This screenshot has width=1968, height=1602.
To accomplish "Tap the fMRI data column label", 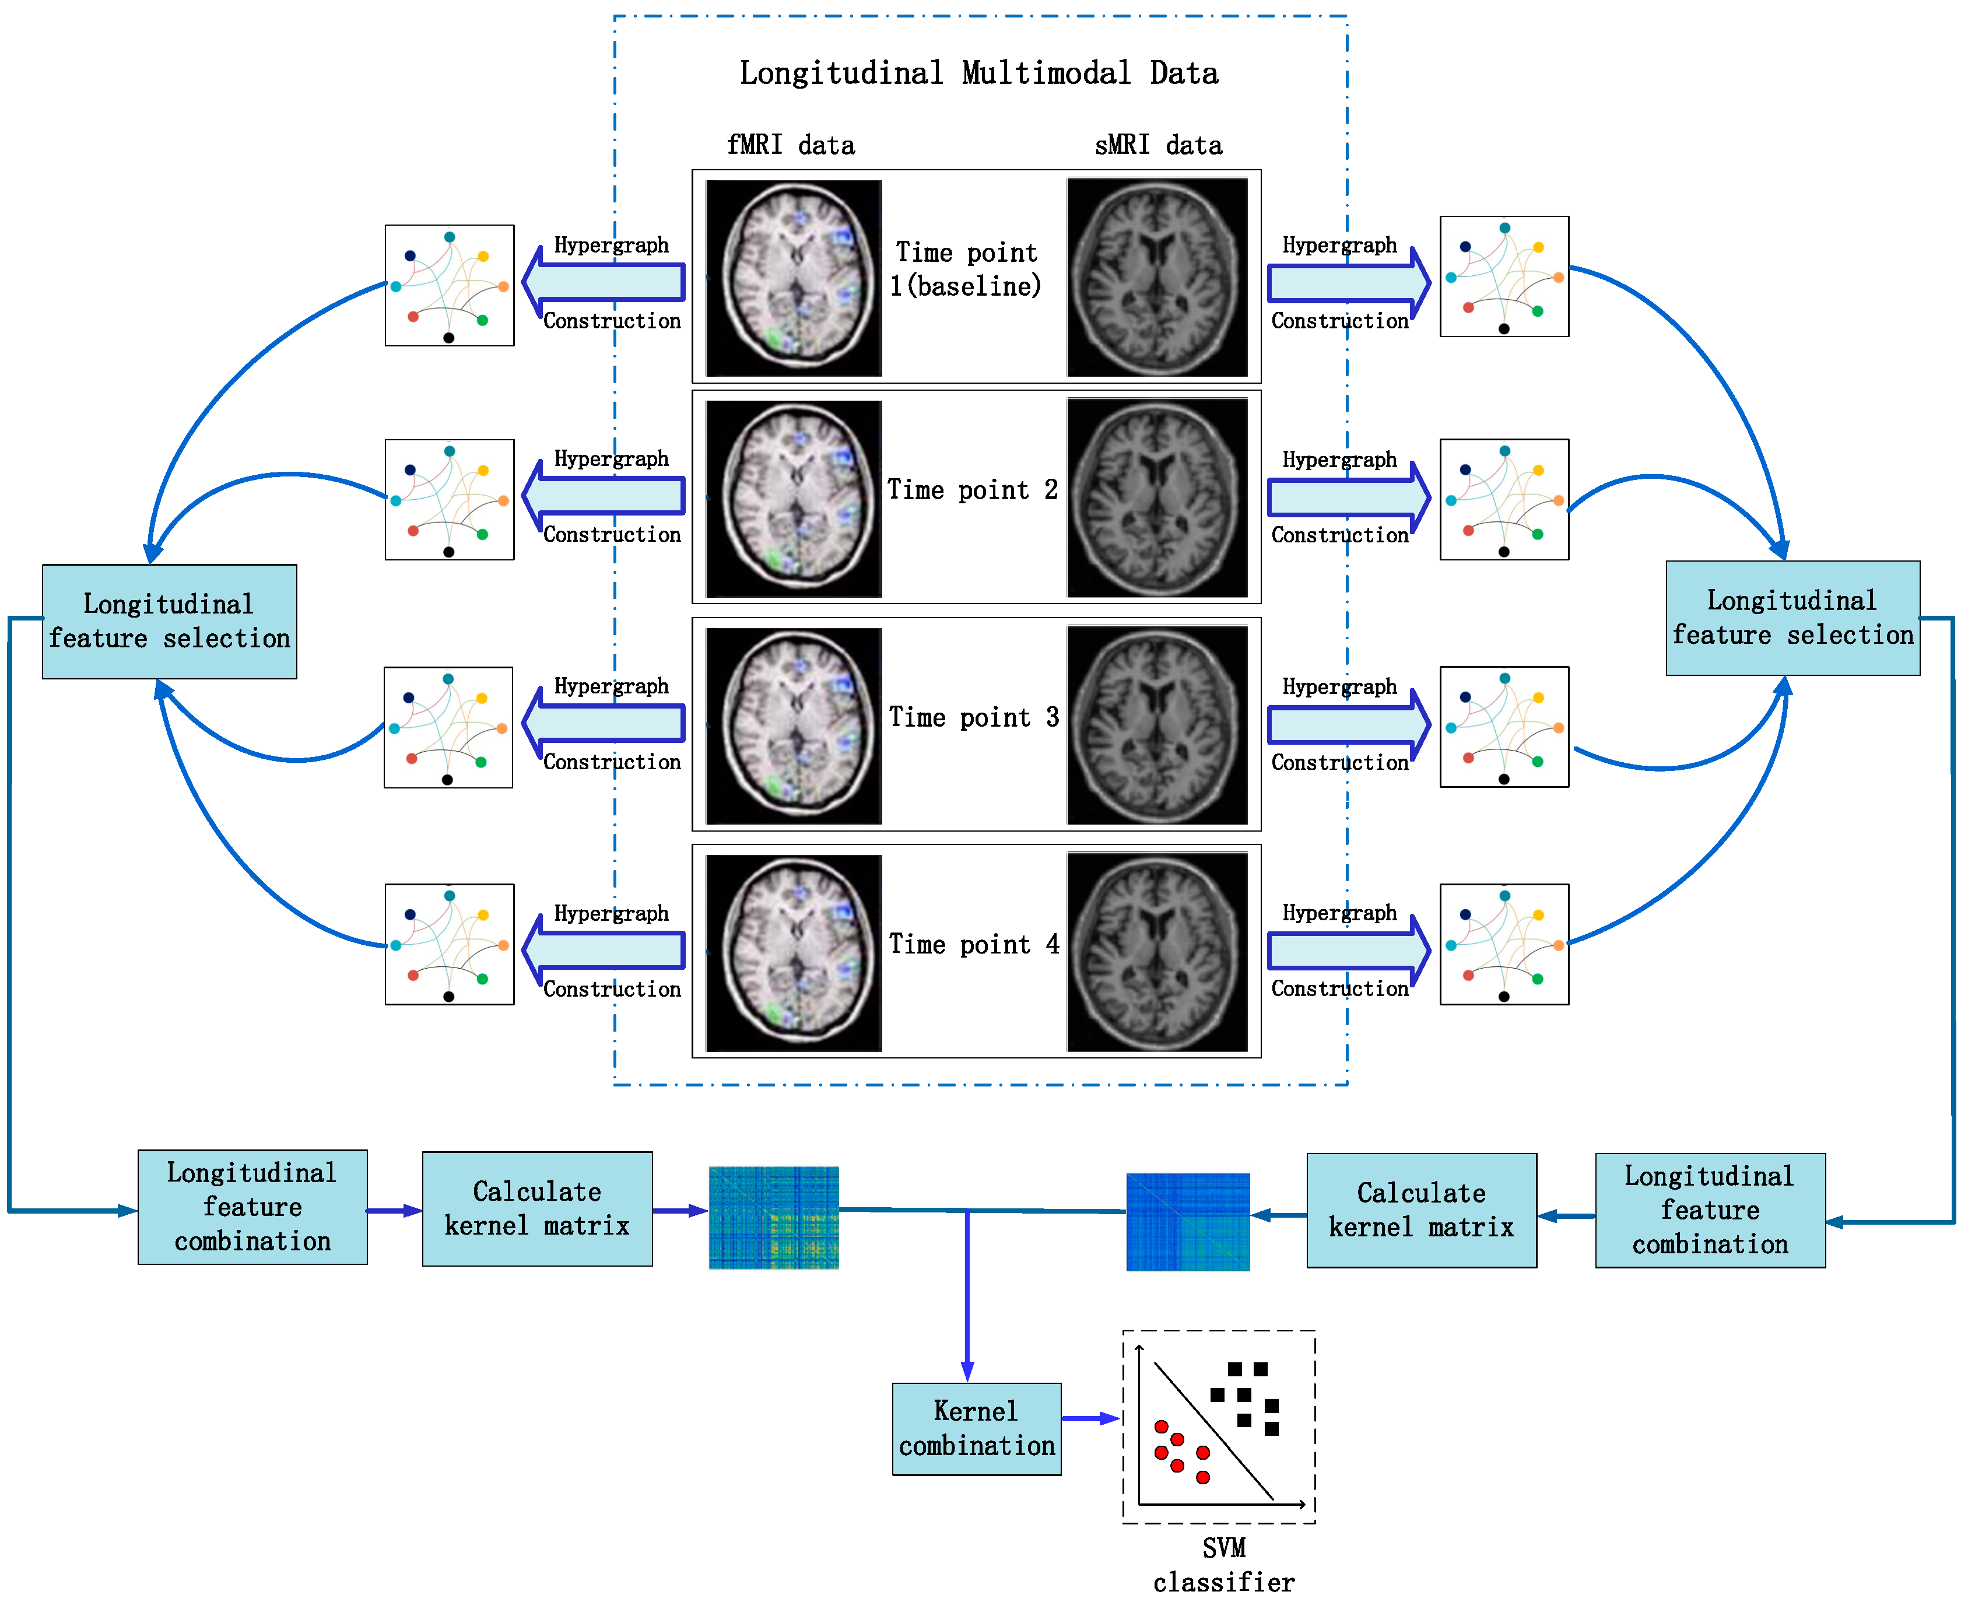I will [x=791, y=145].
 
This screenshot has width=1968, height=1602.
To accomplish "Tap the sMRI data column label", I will [x=1158, y=145].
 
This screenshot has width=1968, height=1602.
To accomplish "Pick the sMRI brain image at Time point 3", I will [x=1157, y=724].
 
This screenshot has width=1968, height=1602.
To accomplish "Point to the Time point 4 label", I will [x=973, y=944].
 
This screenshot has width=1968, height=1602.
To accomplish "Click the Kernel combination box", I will [x=976, y=1429].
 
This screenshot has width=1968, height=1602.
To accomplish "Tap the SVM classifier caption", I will [x=1223, y=1565].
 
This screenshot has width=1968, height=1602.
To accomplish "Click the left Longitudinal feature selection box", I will [x=169, y=621].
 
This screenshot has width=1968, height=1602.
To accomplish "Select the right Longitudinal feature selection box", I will [x=1792, y=618].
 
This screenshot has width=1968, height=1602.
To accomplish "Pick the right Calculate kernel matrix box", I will [x=1421, y=1210].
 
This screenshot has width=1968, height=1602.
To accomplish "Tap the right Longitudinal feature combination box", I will [x=1710, y=1210].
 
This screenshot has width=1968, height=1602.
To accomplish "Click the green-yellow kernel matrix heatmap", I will [x=773, y=1217].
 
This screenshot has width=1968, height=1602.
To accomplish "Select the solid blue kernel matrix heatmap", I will [x=1187, y=1221].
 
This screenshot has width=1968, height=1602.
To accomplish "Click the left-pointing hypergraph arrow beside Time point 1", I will [x=604, y=282].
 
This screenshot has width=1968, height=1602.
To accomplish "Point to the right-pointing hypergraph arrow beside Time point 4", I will [x=1347, y=951].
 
